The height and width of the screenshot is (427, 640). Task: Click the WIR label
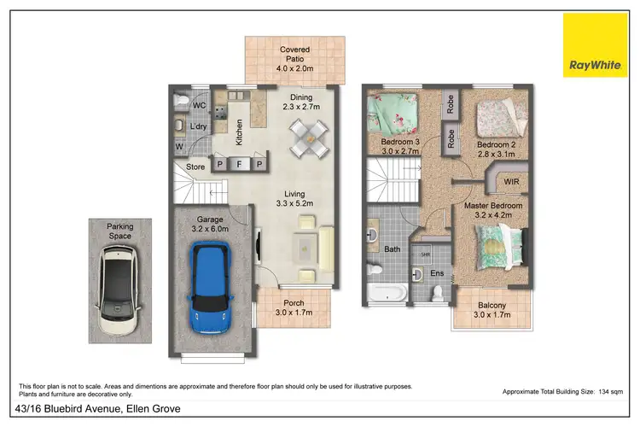pos(512,182)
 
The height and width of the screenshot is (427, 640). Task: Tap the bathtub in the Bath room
pos(388,293)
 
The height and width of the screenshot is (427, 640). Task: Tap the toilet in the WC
pos(179,103)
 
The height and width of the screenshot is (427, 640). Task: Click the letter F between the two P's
pos(240,163)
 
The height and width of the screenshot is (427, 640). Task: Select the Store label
pos(195,167)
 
